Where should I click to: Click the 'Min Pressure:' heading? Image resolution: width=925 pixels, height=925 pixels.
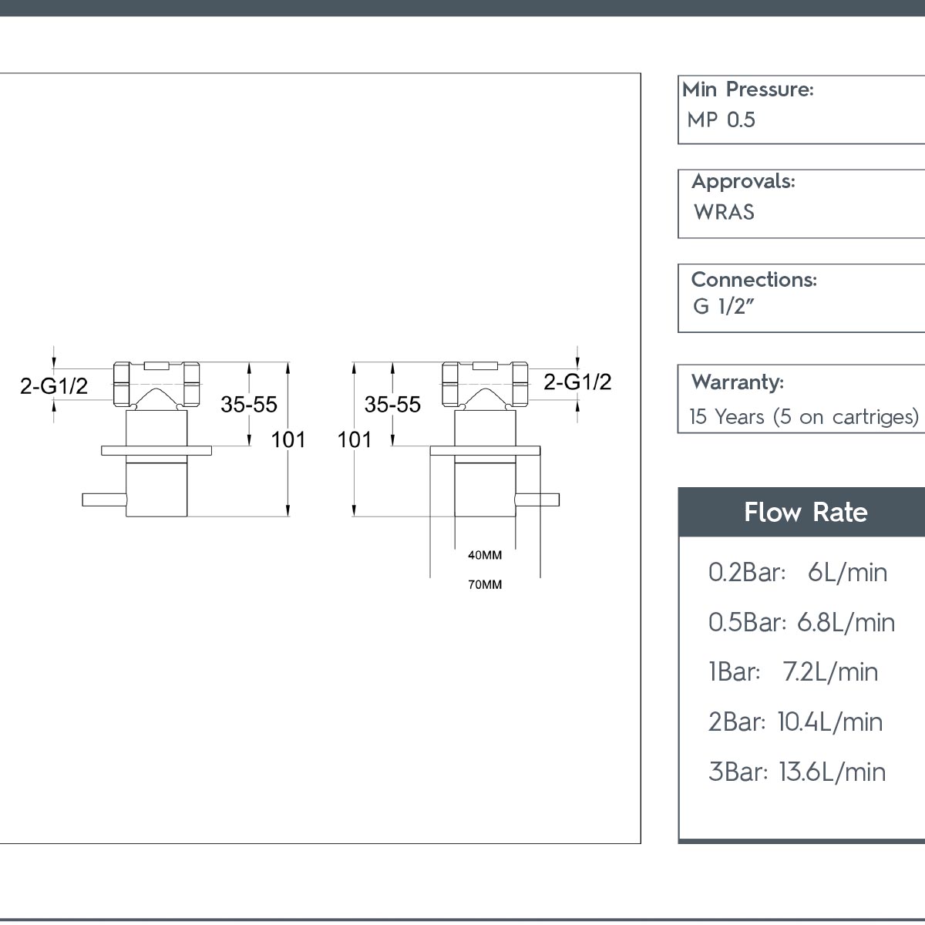(748, 89)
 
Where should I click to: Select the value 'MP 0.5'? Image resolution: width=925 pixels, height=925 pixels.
(721, 120)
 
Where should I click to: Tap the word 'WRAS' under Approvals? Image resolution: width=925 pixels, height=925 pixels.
(724, 212)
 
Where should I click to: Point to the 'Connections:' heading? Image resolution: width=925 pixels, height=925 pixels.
(754, 280)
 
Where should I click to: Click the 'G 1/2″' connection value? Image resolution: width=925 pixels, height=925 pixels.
(723, 306)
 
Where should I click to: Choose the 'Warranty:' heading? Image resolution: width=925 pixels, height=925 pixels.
(738, 382)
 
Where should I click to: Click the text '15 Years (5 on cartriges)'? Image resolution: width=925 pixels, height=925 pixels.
(804, 417)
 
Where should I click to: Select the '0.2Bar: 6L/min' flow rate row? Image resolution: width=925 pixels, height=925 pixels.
(798, 573)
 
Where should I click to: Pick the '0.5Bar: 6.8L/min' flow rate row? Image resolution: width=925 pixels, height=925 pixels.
(802, 623)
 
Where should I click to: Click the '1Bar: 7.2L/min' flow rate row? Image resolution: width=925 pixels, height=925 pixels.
(793, 671)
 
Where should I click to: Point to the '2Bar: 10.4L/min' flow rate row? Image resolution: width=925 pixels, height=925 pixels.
(795, 722)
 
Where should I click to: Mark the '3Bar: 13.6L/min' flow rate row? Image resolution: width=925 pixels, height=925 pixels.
(797, 772)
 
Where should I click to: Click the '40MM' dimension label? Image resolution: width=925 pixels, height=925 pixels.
(485, 555)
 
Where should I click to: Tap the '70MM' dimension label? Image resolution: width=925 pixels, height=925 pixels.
(485, 584)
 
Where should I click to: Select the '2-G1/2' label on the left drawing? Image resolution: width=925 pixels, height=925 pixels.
(54, 386)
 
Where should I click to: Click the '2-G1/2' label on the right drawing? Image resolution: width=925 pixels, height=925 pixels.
(577, 382)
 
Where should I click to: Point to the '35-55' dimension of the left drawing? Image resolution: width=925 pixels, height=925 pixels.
(249, 404)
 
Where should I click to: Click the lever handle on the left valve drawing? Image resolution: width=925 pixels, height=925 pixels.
(105, 499)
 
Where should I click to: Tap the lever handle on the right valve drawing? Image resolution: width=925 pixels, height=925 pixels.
(536, 499)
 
